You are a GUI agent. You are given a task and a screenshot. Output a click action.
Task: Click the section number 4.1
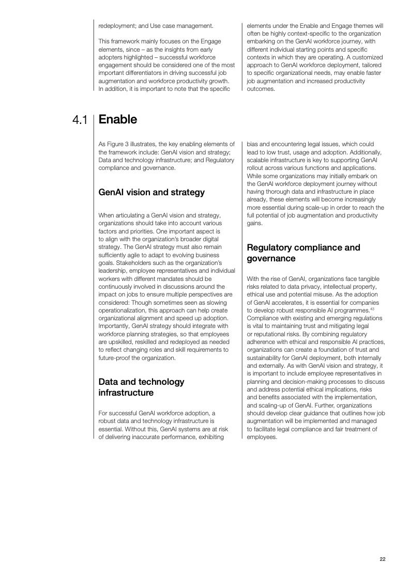[x=80, y=120]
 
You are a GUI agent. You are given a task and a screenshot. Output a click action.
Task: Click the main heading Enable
[x=117, y=119]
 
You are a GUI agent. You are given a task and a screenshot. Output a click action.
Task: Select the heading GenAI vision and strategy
[x=151, y=192]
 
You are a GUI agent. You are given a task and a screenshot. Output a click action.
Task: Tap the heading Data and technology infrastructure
[x=141, y=387]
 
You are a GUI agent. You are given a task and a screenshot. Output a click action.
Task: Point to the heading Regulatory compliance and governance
[x=303, y=253]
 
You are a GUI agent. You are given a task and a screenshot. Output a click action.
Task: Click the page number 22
[x=383, y=559]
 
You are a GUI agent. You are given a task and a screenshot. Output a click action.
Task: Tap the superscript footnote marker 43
[x=372, y=309]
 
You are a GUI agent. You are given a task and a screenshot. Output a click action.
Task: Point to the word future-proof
[x=114, y=357]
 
